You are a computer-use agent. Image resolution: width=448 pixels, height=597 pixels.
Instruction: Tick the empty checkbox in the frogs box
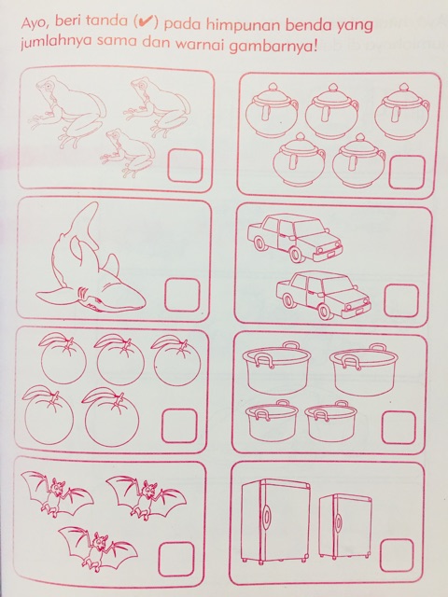[185, 166]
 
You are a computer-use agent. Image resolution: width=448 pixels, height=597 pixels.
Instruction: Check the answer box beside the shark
[183, 295]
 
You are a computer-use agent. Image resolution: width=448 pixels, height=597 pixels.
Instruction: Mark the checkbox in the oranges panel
[179, 426]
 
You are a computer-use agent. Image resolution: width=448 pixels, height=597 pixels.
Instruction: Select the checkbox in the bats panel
[176, 560]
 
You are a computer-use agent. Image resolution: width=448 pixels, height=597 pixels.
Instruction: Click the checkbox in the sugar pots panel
[407, 172]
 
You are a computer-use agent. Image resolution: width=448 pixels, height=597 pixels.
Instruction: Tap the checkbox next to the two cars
[401, 300]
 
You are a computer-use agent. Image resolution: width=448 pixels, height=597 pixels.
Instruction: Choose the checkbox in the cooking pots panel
[399, 427]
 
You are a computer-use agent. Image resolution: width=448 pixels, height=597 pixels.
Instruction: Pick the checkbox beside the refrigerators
[397, 556]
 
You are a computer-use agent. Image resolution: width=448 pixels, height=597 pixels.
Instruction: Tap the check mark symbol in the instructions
[147, 22]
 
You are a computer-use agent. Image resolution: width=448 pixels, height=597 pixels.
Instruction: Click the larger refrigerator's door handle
[267, 517]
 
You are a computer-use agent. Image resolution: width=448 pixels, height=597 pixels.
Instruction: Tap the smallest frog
[128, 153]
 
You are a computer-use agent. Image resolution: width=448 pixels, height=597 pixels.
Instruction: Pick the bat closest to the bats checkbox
[98, 548]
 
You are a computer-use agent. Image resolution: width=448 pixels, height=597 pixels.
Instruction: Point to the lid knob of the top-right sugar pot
[403, 88]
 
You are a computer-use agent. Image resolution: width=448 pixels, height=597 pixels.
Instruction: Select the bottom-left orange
[49, 417]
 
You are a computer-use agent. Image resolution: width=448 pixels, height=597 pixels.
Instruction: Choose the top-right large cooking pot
[364, 369]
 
